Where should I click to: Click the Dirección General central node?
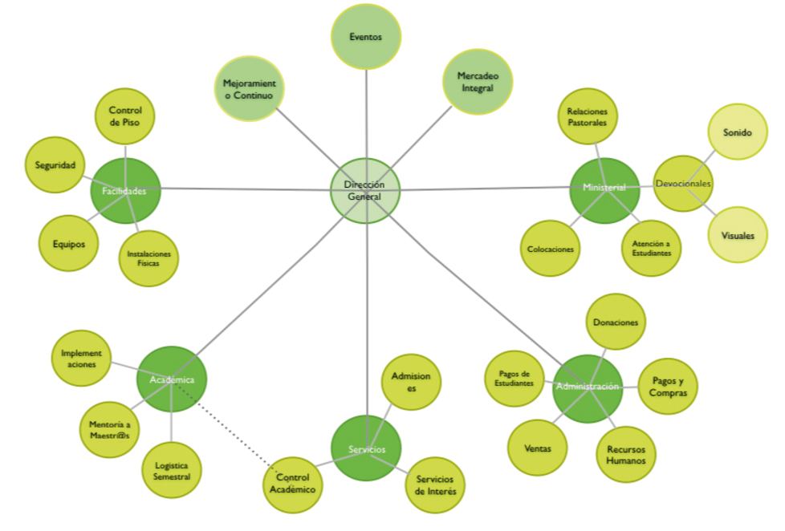click(365, 191)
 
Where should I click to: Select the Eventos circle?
click(366, 37)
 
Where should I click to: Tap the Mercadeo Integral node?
click(478, 82)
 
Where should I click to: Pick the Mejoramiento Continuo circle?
click(250, 88)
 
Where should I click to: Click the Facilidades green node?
click(125, 191)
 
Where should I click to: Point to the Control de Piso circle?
click(124, 116)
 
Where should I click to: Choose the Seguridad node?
click(55, 165)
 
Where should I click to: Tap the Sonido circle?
click(737, 132)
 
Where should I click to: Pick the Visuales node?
click(737, 235)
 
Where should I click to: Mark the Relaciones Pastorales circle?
click(588, 117)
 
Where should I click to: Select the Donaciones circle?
click(616, 322)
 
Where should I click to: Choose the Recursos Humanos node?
click(626, 454)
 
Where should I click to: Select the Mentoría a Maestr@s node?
click(109, 428)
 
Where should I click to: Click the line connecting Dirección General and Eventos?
click(366, 112)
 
